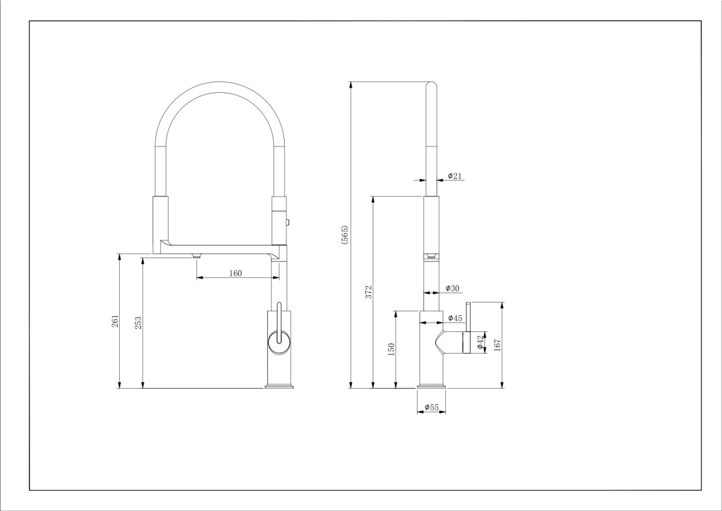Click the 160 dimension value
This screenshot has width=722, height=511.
click(x=235, y=273)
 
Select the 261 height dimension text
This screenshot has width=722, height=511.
click(x=115, y=321)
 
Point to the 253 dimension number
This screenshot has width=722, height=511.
click(x=138, y=323)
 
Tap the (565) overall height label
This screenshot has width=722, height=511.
click(x=345, y=235)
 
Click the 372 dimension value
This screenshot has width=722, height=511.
click(x=368, y=292)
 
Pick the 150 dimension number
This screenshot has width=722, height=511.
click(x=391, y=350)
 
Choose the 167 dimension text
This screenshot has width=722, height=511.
click(x=497, y=345)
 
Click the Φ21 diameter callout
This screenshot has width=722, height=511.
click(x=454, y=176)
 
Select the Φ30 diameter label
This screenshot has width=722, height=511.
click(x=452, y=288)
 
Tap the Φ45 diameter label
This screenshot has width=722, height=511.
click(x=455, y=318)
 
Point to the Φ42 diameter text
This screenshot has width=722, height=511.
click(x=480, y=342)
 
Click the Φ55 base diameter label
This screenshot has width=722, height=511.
click(x=431, y=407)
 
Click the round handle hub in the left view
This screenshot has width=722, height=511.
click(x=279, y=342)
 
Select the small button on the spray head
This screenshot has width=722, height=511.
click(x=288, y=222)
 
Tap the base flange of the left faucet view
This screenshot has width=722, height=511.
click(x=279, y=386)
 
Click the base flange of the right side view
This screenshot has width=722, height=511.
click(x=431, y=386)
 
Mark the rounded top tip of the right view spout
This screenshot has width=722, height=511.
click(x=431, y=83)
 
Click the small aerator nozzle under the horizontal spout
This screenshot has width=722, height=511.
click(x=196, y=256)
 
